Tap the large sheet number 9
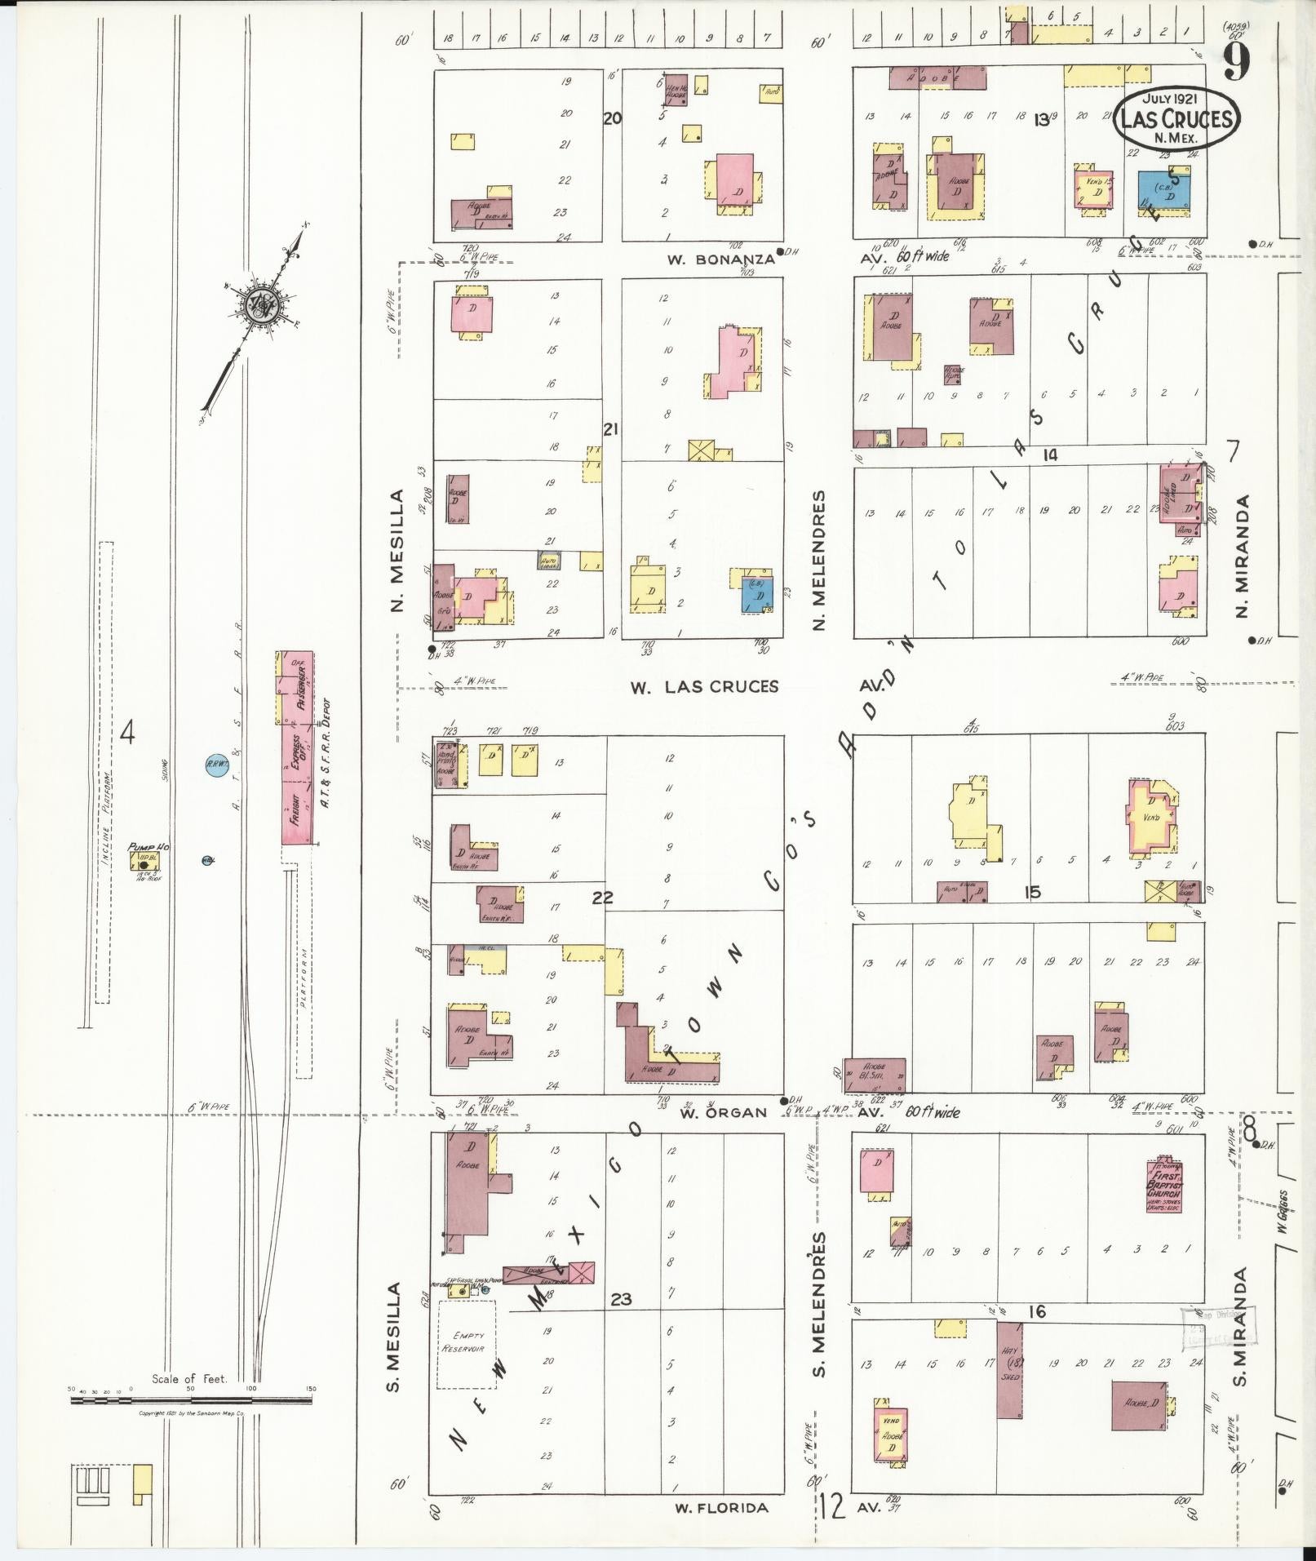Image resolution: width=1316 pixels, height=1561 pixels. [x=1237, y=61]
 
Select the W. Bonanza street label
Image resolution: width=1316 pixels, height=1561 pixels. [x=720, y=259]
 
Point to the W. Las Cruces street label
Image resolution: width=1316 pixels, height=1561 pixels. [x=703, y=686]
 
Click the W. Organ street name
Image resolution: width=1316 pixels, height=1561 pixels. [x=712, y=1112]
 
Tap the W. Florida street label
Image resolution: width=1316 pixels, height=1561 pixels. [x=721, y=1507]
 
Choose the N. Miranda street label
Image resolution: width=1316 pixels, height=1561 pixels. [x=1243, y=556]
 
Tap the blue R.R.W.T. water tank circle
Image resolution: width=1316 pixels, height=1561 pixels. [x=216, y=765]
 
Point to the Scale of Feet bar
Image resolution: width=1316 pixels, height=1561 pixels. [x=191, y=1399]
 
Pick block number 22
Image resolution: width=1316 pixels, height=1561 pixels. [x=602, y=898]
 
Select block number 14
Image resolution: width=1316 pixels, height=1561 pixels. [x=1050, y=455]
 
